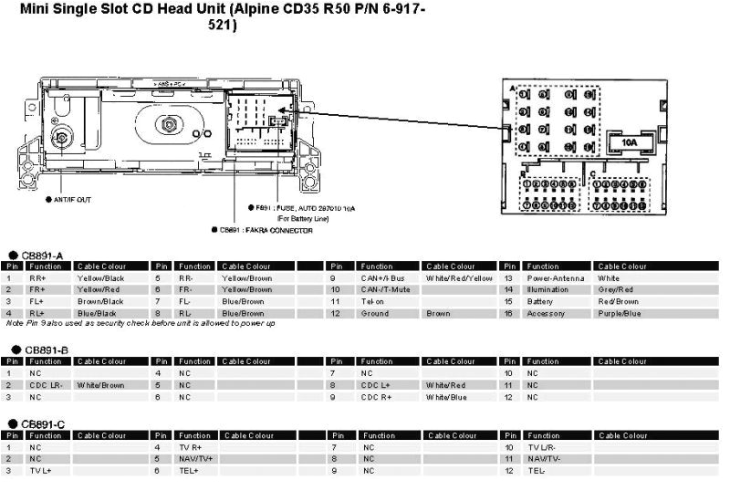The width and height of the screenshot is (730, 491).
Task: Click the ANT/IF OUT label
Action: click(72, 198)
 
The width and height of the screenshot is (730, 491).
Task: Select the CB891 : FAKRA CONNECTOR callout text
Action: click(266, 230)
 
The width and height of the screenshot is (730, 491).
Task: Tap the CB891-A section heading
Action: click(45, 256)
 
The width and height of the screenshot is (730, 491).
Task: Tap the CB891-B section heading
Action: click(45, 350)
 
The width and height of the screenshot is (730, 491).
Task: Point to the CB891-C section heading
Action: click(45, 424)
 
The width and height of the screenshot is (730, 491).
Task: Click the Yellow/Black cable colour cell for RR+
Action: click(100, 277)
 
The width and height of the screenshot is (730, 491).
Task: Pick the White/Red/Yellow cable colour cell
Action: click(458, 277)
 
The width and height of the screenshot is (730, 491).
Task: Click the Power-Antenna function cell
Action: click(556, 277)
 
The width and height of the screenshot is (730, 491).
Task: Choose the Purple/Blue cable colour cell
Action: click(620, 313)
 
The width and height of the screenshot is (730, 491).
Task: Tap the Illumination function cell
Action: click(549, 289)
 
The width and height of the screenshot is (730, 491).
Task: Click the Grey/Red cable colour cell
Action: click(616, 289)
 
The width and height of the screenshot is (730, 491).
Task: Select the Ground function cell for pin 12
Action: click(374, 313)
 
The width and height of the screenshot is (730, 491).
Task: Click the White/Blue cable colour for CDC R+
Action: click(445, 397)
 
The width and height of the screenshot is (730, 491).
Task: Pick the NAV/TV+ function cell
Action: click(196, 459)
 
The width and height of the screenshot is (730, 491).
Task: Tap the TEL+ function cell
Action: click(189, 471)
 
